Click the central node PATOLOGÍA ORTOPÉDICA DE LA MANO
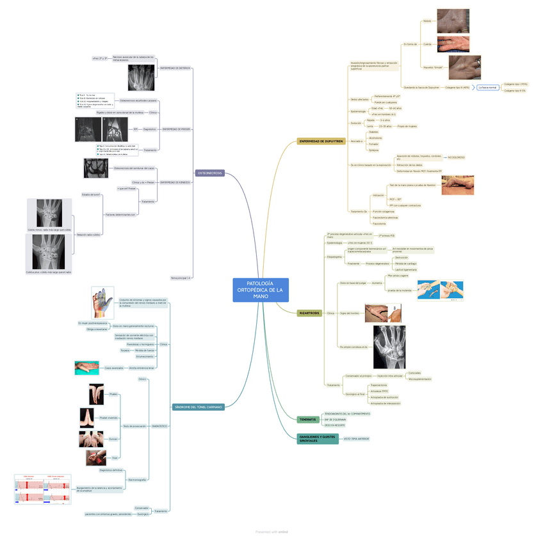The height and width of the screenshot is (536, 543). [x=261, y=290]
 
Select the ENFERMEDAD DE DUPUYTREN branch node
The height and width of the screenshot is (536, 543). [x=321, y=141]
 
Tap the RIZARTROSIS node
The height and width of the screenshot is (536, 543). [x=309, y=313]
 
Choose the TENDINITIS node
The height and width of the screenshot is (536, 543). [x=307, y=420]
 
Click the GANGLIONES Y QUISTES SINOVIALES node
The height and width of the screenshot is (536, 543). [x=317, y=439]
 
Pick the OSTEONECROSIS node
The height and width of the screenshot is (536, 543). [x=210, y=173]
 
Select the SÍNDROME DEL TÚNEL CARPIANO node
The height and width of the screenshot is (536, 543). [x=199, y=407]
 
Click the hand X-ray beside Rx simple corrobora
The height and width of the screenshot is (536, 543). [x=389, y=347]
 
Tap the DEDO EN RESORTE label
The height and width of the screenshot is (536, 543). [x=334, y=425]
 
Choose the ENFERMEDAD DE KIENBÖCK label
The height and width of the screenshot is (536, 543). [x=174, y=182]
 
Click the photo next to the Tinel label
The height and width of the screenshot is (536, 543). [x=95, y=457]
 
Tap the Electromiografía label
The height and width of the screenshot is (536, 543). [x=138, y=479]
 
